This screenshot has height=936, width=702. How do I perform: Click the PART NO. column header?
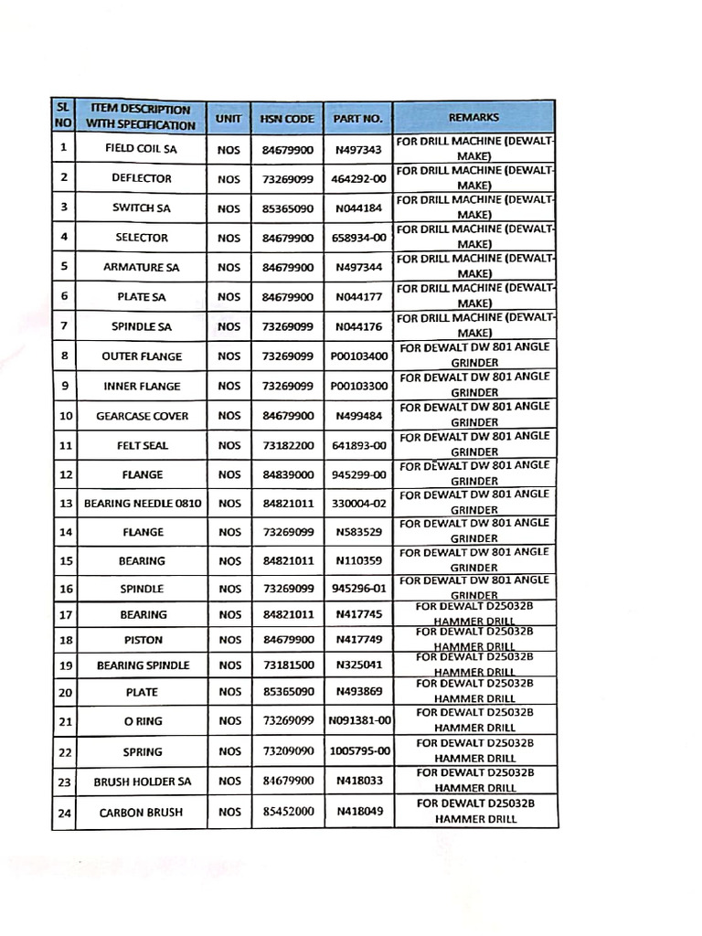pos(358,119)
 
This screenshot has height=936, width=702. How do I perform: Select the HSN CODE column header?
pos(287,119)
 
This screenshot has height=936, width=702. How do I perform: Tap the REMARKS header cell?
pos(474,118)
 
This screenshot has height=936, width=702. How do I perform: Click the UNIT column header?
pos(229,119)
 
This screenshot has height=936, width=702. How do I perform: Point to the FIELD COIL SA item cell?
pos(141,149)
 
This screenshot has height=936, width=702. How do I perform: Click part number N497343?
pos(358,149)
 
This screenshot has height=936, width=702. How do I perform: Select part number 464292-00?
pos(359,178)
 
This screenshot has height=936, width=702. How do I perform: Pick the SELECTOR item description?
pos(142,238)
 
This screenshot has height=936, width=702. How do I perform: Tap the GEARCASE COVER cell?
pos(142,416)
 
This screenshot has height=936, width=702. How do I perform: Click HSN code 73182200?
pos(288,446)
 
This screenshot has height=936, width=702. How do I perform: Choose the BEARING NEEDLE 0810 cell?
pos(142,504)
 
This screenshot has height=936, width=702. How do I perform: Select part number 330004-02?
pos(359,504)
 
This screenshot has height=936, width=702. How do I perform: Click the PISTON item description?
pos(142,641)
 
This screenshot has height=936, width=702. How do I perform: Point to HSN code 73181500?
pos(288,665)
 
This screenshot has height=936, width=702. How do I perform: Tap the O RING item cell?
pos(142,721)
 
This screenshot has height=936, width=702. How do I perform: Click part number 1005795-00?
pos(359,751)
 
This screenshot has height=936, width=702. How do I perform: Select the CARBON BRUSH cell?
pos(142,812)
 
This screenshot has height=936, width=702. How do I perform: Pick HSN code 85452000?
pos(288,812)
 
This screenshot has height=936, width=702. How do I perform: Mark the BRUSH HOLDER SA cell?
pos(142,782)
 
